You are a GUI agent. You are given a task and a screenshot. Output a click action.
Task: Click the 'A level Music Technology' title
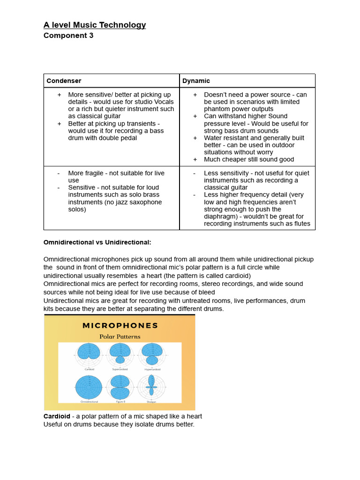tap(95, 25)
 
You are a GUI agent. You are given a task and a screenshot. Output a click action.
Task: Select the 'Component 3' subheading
tap(68, 36)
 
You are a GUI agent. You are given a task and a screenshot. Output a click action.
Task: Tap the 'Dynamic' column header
tap(196, 81)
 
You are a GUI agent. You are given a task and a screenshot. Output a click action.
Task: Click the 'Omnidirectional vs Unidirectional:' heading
tap(97, 242)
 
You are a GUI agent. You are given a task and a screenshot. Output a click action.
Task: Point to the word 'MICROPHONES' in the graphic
tap(120, 325)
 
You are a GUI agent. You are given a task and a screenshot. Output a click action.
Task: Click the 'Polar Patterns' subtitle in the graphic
tap(120, 337)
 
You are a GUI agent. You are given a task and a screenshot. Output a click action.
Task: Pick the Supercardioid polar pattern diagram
tap(120, 353)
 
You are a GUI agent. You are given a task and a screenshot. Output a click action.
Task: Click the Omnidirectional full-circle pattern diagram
tap(89, 387)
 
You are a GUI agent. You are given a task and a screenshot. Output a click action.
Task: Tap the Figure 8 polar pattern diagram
tap(120, 387)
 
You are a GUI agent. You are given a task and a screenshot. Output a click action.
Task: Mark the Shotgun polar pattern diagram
tap(151, 387)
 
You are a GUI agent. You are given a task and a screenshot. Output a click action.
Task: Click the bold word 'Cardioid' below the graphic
tap(57, 416)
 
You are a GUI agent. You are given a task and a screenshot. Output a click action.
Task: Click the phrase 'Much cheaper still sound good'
tap(249, 159)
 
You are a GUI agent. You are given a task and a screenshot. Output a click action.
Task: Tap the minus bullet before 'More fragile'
tap(59, 173)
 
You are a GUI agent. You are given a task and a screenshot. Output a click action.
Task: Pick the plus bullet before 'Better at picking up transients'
tap(59, 123)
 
